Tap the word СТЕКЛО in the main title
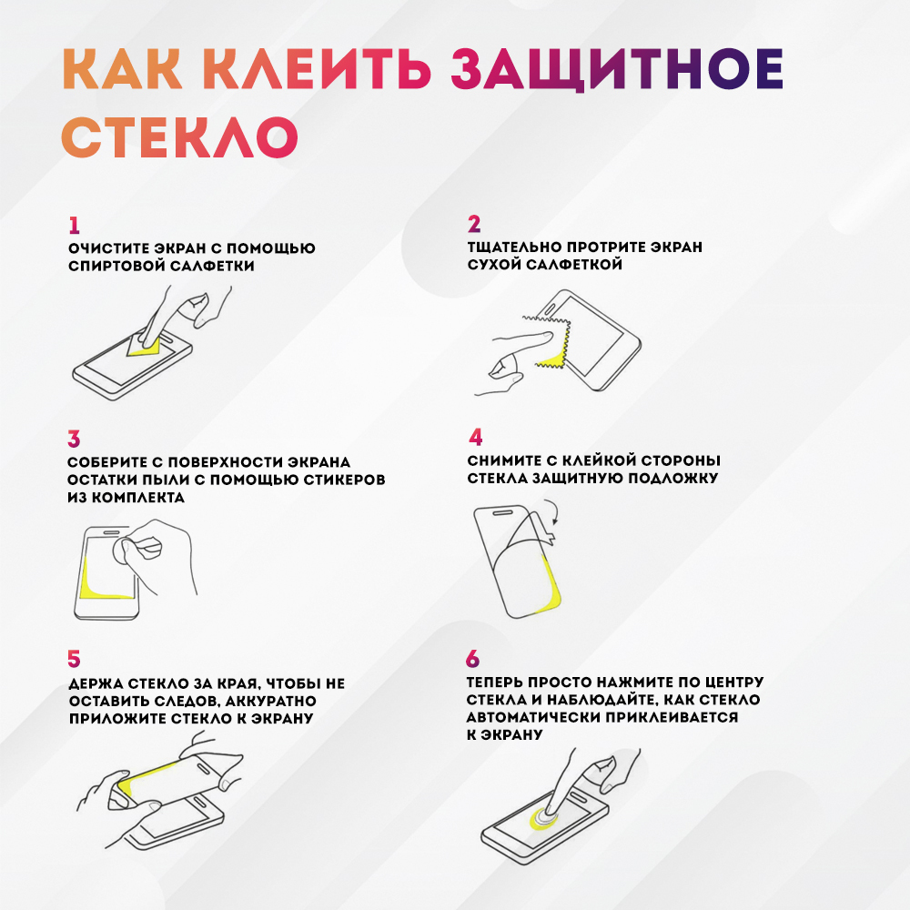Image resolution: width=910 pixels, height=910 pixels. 179,136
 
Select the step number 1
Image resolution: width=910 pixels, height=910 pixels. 74,225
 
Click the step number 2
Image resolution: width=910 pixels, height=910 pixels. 474,224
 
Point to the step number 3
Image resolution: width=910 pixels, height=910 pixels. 74,439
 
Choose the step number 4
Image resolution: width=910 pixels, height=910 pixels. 475,437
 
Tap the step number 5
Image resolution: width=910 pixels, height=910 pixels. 74,659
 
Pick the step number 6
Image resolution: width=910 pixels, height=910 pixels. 473,659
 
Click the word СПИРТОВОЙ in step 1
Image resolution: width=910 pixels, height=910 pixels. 116,266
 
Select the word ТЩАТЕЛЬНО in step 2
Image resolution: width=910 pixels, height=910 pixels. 514,248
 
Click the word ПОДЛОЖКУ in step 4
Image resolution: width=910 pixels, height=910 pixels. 673,479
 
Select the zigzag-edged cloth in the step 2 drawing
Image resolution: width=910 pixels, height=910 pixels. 549,343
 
